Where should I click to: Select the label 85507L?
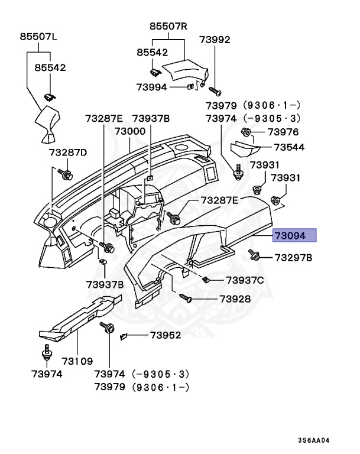(x=38, y=36)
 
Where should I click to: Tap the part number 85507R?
(x=168, y=26)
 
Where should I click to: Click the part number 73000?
(x=130, y=131)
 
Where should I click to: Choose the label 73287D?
(x=67, y=153)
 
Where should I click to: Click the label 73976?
(x=283, y=132)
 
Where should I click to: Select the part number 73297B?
(x=293, y=258)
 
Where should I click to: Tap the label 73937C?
(x=245, y=280)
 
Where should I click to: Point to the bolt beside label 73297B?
(x=255, y=256)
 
